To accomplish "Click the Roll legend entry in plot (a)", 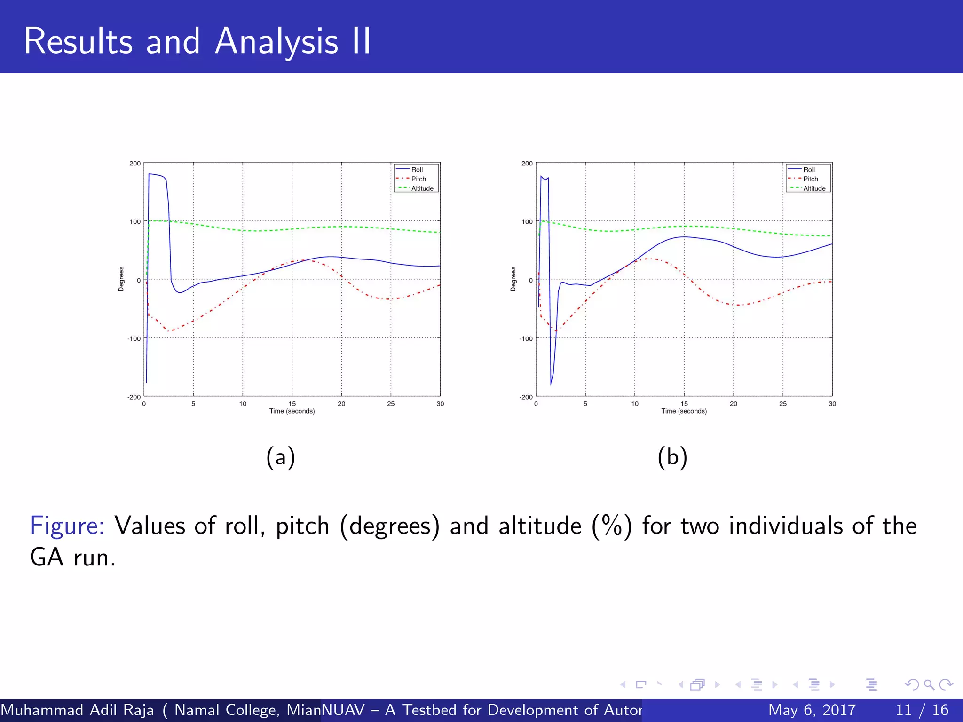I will pyautogui.click(x=417, y=170).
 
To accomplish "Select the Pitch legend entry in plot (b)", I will pyautogui.click(x=810, y=179).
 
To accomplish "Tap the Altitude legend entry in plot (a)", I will pyautogui.click(x=422, y=188).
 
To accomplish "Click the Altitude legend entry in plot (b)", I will pyautogui.click(x=814, y=188).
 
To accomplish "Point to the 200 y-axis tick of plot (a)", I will pyautogui.click(x=135, y=164).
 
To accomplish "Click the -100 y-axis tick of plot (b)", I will pyautogui.click(x=526, y=338).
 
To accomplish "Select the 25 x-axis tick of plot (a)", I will pyautogui.click(x=391, y=404).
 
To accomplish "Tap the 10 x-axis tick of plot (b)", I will pyautogui.click(x=635, y=404).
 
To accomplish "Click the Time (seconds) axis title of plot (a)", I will pyautogui.click(x=292, y=411).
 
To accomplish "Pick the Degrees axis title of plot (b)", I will pyautogui.click(x=513, y=279).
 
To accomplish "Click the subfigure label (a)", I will pyautogui.click(x=281, y=457).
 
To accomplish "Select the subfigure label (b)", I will pyautogui.click(x=672, y=457).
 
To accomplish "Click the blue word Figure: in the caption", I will pyautogui.click(x=67, y=526).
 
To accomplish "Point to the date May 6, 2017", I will pyautogui.click(x=812, y=710).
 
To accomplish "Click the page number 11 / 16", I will pyautogui.click(x=922, y=710).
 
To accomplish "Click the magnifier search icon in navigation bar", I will pyautogui.click(x=929, y=684).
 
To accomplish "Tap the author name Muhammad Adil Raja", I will pyautogui.click(x=78, y=710).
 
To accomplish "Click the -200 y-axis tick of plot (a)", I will pyautogui.click(x=134, y=397).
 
